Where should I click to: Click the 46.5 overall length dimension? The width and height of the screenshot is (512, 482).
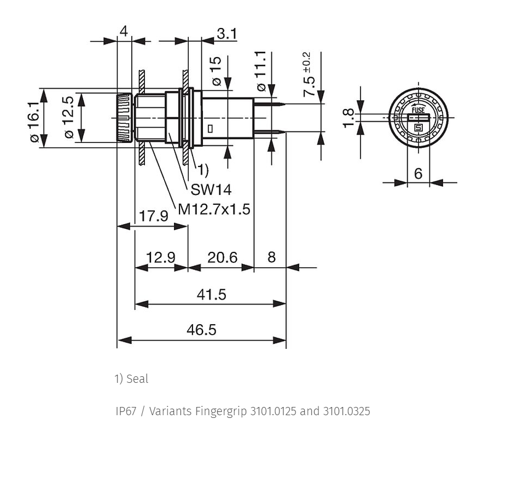pyautogui.click(x=201, y=330)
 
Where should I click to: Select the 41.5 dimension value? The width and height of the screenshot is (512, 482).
pyautogui.click(x=211, y=294)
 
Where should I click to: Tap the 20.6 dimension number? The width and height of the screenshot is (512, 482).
pyautogui.click(x=222, y=257)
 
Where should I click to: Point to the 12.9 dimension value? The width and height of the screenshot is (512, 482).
pyautogui.click(x=161, y=257)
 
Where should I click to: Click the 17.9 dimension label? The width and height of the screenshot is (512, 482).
pyautogui.click(x=154, y=216)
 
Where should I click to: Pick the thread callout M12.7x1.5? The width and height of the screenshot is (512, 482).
pyautogui.click(x=214, y=209)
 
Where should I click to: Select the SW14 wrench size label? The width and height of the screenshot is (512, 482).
pyautogui.click(x=211, y=190)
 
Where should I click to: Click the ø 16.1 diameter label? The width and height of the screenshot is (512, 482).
pyautogui.click(x=35, y=122)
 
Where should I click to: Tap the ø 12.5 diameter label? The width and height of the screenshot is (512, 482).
pyautogui.click(x=69, y=117)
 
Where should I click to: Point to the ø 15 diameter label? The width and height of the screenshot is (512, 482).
pyautogui.click(x=216, y=71)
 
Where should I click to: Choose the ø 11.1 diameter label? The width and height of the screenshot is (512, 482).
pyautogui.click(x=261, y=71)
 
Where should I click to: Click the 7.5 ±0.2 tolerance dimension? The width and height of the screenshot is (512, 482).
pyautogui.click(x=307, y=74)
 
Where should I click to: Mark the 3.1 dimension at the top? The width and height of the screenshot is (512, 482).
pyautogui.click(x=226, y=33)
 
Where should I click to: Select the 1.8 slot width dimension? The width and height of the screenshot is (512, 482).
pyautogui.click(x=348, y=118)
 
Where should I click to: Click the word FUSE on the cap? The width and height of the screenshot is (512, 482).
pyautogui.click(x=418, y=110)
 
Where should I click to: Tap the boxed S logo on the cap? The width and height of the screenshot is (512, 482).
pyautogui.click(x=418, y=128)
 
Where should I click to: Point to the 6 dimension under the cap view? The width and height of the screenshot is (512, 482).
pyautogui.click(x=418, y=173)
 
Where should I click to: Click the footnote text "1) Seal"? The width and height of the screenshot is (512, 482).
pyautogui.click(x=131, y=378)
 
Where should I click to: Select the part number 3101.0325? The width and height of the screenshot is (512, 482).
pyautogui.click(x=347, y=411)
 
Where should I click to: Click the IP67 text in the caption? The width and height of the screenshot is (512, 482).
pyautogui.click(x=126, y=411)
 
